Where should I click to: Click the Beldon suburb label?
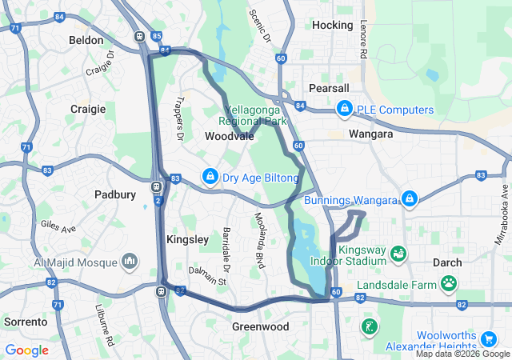86,40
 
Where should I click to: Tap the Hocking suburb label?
332,26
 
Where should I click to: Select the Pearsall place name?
329,87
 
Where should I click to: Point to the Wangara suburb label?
370,134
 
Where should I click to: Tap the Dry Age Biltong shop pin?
210,175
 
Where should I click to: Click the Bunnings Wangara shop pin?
409,197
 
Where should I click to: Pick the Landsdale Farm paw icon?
449,283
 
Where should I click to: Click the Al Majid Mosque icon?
130,261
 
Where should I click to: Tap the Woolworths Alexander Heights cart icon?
489,338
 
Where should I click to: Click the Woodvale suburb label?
230,137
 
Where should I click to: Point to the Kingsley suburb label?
187,239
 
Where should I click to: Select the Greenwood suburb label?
260,326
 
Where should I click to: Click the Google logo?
27,350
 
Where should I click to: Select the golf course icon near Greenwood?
368,326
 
